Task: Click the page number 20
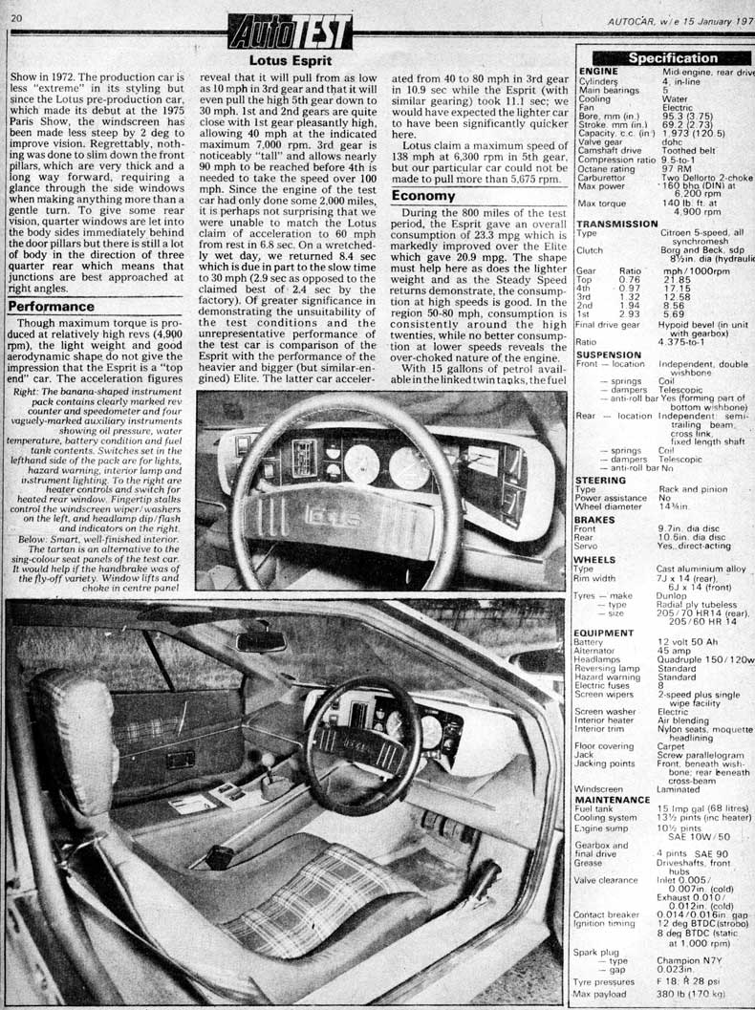click(x=16, y=18)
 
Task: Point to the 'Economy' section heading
click(x=427, y=195)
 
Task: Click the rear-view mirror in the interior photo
click(x=261, y=640)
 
